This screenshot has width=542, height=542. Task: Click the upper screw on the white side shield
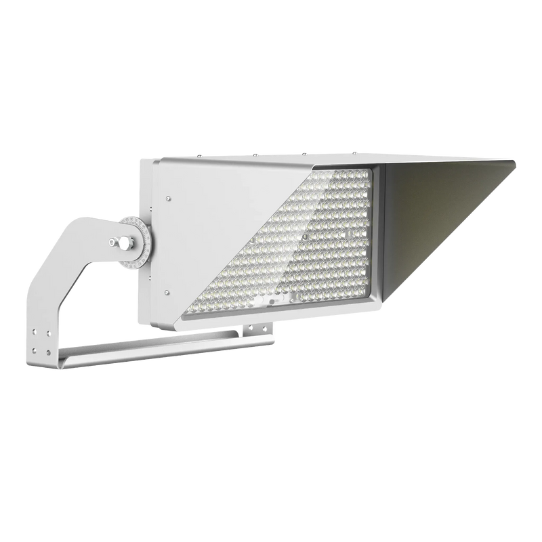[x=169, y=199]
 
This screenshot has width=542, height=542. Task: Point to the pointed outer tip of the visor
[x=516, y=163]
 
